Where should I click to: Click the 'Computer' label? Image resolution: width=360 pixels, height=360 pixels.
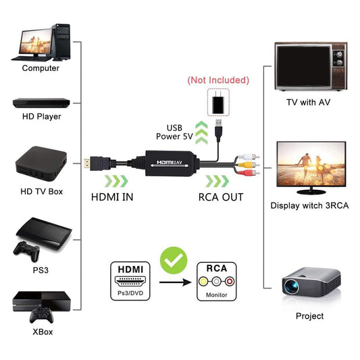[41, 68]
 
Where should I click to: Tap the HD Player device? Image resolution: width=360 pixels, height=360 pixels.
[41, 103]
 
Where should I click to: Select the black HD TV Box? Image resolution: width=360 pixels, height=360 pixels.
[41, 163]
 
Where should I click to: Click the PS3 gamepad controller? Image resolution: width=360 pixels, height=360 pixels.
[26, 251]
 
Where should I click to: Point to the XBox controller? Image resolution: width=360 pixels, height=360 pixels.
[42, 315]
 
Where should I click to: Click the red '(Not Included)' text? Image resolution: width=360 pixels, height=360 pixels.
[218, 80]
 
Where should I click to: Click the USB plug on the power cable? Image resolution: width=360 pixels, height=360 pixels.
[219, 130]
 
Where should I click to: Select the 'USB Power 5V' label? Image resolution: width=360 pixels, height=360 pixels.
[174, 132]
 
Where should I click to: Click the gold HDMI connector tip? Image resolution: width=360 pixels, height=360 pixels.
[86, 163]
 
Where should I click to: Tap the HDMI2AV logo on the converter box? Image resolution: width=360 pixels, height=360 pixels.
[170, 162]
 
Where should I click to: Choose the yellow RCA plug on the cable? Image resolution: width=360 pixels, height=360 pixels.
[249, 164]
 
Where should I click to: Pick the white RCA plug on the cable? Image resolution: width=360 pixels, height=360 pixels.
[249, 157]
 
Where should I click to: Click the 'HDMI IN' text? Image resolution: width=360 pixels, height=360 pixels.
[112, 197]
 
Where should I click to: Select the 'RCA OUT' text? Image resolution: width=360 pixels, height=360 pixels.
[221, 197]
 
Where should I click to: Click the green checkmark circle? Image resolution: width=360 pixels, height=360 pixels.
[174, 260]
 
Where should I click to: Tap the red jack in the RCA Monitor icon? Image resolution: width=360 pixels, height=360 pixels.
[230, 281]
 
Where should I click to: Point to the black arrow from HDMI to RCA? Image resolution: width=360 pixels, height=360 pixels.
[175, 282]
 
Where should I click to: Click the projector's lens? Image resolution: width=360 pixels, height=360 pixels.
[291, 286]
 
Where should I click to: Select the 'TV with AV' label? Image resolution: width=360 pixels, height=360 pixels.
[309, 102]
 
